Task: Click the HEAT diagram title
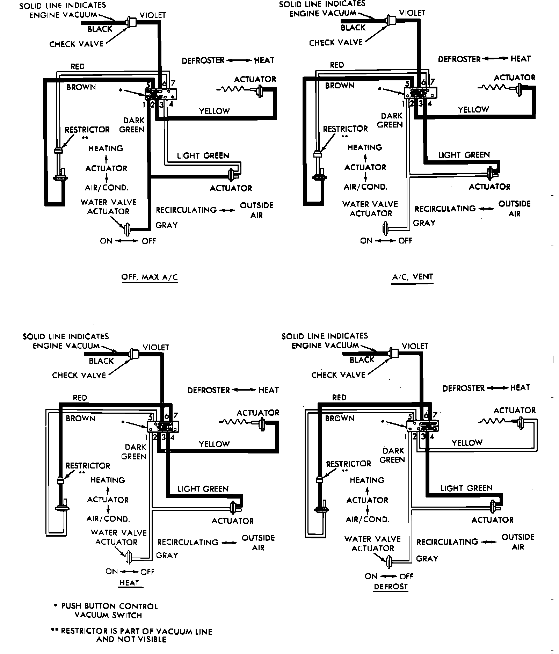(x=129, y=582)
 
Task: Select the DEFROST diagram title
(x=391, y=587)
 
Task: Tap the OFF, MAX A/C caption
(x=149, y=277)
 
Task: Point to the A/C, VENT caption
(x=412, y=277)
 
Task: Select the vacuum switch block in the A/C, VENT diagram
(x=421, y=93)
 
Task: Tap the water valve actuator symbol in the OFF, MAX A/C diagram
(x=127, y=229)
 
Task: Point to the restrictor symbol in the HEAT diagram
(x=60, y=480)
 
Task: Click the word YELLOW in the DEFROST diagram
(x=467, y=443)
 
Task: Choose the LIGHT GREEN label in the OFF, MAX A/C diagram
(x=203, y=155)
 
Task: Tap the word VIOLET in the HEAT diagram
(x=156, y=347)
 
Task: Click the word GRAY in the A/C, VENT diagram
(x=424, y=223)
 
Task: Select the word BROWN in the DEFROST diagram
(x=339, y=418)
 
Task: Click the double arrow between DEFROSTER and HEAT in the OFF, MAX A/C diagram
(x=239, y=60)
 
